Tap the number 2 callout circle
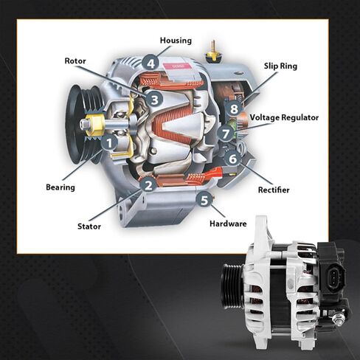coord(148,185)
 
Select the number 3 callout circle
coord(153,98)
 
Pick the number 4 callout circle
coord(150,63)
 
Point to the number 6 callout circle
coord(232,158)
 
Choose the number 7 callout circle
coord(226,134)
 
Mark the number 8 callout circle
coord(234,109)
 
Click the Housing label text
coord(176,41)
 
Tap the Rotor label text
coord(75,60)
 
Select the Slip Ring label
coord(280,66)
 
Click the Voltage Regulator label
coord(284,117)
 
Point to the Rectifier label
coord(274,190)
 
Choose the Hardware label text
coord(228,223)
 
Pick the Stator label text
coord(89,226)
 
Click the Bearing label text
coord(60,187)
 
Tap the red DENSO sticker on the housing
coord(178,66)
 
